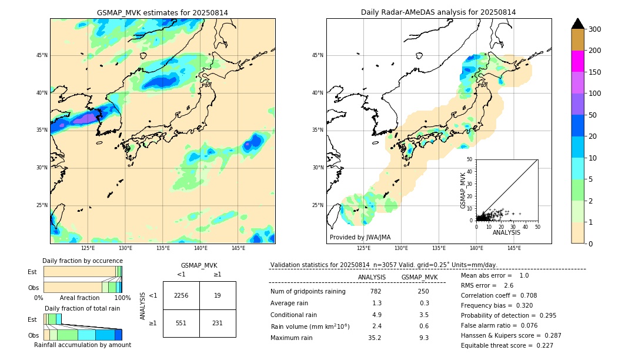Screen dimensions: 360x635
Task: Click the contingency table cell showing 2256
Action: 181,295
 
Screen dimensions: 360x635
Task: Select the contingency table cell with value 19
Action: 218,295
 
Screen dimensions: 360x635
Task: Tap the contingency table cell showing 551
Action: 181,324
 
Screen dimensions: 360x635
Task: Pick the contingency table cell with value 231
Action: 218,324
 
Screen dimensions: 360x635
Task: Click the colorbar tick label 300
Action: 596,29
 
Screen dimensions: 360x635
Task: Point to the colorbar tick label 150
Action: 596,72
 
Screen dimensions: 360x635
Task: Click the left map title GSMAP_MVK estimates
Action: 162,12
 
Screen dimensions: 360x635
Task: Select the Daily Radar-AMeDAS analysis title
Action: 438,12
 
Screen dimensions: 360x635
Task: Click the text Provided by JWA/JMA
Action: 360,238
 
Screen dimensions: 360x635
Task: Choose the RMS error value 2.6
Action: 509,285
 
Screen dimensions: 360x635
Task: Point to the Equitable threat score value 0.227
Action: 543,345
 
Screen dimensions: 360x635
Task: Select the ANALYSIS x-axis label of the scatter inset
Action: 506,232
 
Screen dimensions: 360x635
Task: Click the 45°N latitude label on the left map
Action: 42,55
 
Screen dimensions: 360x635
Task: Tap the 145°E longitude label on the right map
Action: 514,248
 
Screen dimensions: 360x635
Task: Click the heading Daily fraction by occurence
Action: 82,261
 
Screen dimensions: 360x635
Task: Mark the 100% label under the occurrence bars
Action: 122,298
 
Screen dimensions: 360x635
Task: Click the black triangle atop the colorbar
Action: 578,24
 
